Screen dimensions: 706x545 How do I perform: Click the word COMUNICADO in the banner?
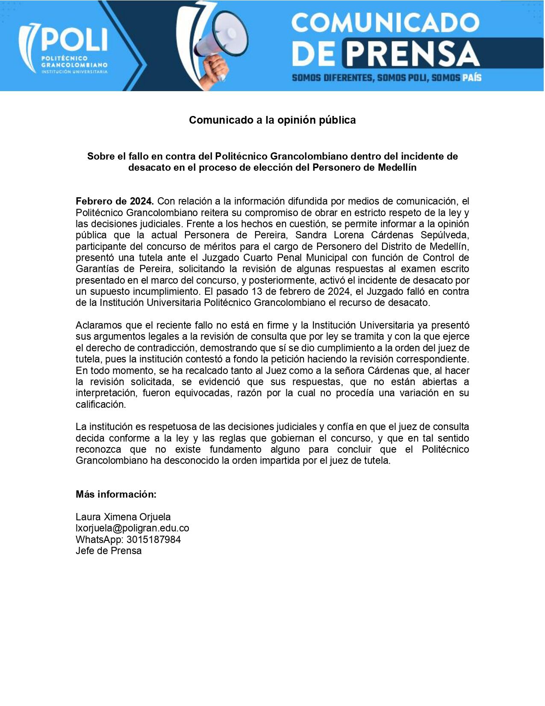pos(385,23)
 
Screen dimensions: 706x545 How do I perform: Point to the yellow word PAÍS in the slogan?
pos(472,78)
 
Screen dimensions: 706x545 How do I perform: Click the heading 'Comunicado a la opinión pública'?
pos(272,120)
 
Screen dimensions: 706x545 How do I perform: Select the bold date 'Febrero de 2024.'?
pos(115,201)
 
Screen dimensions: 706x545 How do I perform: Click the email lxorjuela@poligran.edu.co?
pos(133,528)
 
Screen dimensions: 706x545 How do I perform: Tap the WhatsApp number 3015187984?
pos(153,540)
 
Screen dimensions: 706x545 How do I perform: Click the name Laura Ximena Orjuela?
pos(123,517)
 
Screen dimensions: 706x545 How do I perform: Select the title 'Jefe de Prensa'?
pos(109,551)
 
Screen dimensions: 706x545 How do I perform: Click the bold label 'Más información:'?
pos(116,494)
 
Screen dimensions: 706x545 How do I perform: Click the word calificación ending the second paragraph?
pos(101,404)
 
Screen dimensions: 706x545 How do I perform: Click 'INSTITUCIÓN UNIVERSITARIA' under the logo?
pos(74,71)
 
